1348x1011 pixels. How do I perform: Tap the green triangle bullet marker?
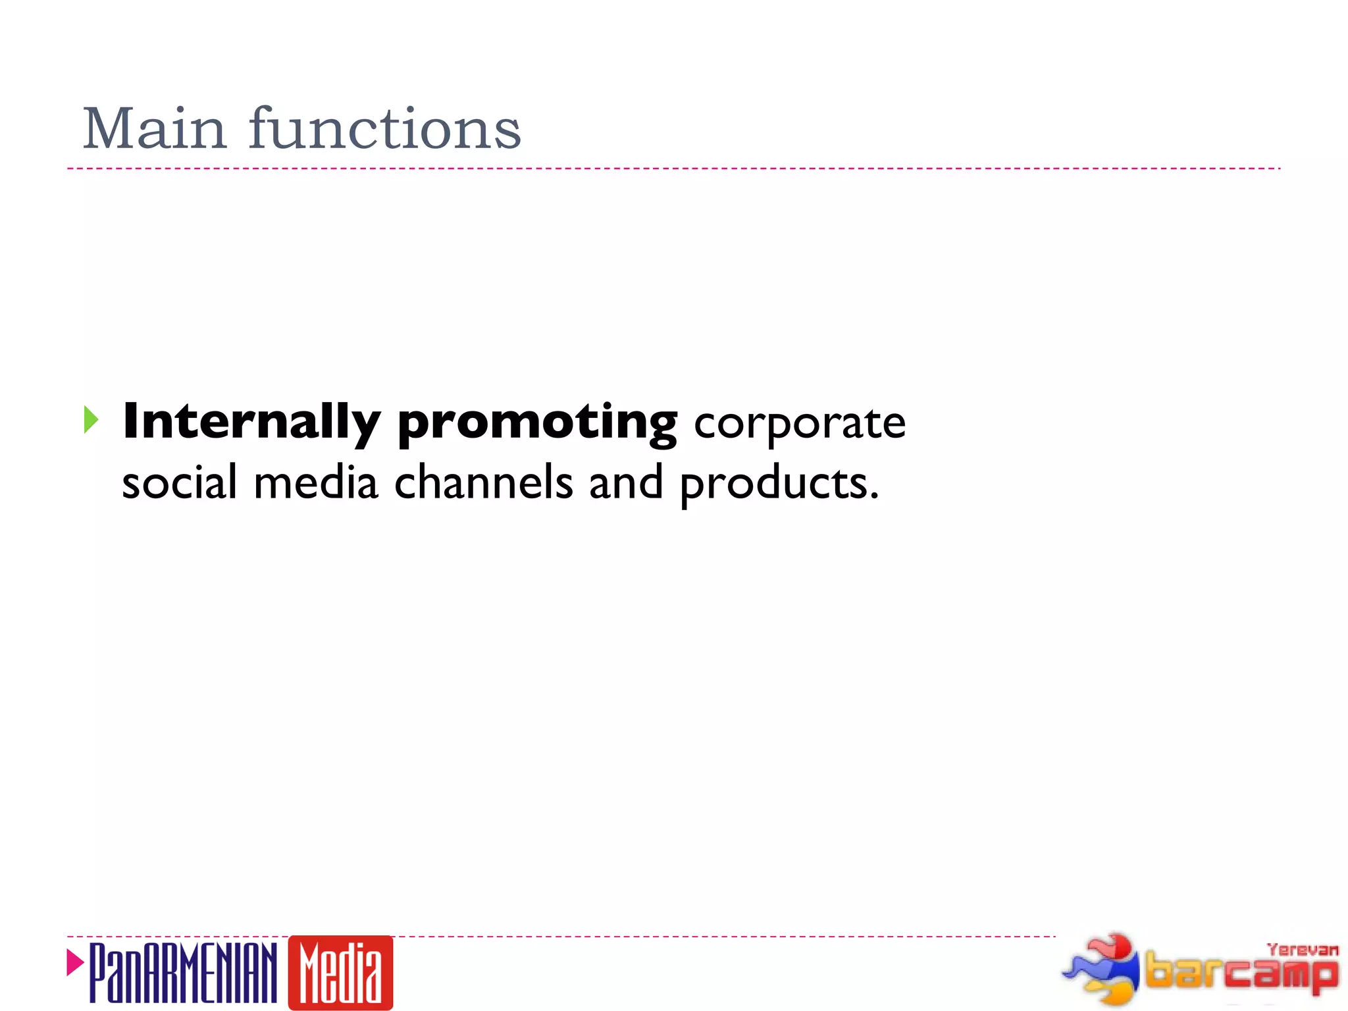(x=91, y=420)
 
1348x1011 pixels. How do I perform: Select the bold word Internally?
(x=251, y=422)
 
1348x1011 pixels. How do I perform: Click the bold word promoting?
(x=537, y=423)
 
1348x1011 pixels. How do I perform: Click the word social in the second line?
(x=179, y=482)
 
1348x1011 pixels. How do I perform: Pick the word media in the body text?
(x=315, y=482)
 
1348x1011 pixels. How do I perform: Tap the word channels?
(x=483, y=482)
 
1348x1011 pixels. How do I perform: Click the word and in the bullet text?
(x=625, y=482)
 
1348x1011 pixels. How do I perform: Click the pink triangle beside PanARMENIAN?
(x=75, y=962)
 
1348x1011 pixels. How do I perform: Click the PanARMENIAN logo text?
(x=183, y=973)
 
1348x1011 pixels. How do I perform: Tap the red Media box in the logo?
(x=340, y=973)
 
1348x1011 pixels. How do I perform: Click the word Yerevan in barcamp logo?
(x=1302, y=950)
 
